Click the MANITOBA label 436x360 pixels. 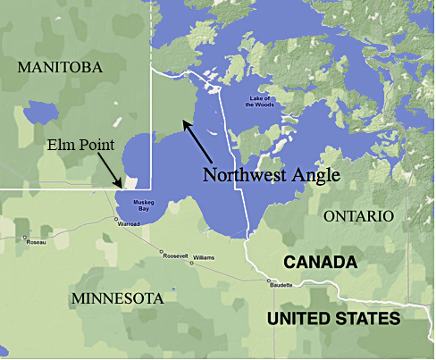(60, 67)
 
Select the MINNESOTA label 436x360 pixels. (119, 297)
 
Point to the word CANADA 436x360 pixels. (321, 263)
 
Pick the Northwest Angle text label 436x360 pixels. (271, 175)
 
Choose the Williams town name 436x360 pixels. (203, 257)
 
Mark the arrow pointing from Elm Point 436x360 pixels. (106, 171)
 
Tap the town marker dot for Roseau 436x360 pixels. (24, 238)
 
